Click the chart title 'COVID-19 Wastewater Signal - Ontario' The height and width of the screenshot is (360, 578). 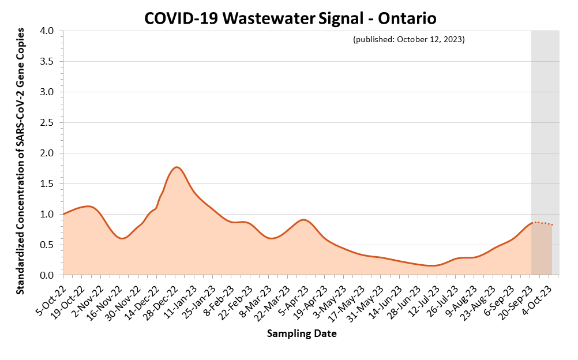[290, 18]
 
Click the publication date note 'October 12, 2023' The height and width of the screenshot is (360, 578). [408, 40]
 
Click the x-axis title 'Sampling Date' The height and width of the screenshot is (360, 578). [302, 333]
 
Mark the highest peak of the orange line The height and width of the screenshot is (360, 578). [177, 167]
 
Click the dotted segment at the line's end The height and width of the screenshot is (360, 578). [542, 223]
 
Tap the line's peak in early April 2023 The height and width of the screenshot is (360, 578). [303, 220]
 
